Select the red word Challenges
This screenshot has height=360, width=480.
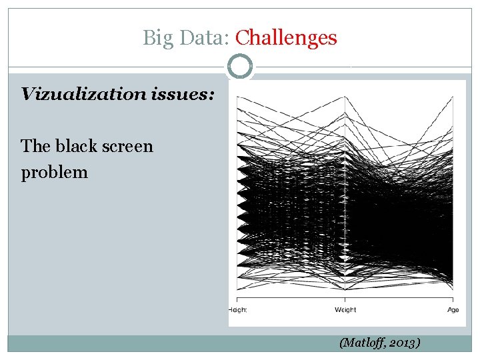(x=287, y=38)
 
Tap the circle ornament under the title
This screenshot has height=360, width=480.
(x=240, y=67)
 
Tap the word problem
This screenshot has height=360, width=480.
(x=55, y=172)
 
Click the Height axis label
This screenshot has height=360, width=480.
(x=238, y=309)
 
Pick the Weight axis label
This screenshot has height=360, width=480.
(x=345, y=309)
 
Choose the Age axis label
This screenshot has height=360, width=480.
(x=453, y=309)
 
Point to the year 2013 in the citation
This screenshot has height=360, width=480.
(x=403, y=343)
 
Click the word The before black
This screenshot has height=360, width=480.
(x=35, y=145)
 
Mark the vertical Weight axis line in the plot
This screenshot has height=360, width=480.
(x=345, y=200)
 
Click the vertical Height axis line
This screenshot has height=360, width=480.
(x=237, y=200)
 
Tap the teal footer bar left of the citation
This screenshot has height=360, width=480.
(x=167, y=343)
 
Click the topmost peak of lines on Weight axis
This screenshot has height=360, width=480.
(x=345, y=115)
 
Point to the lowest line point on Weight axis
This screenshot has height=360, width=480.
(x=345, y=289)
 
